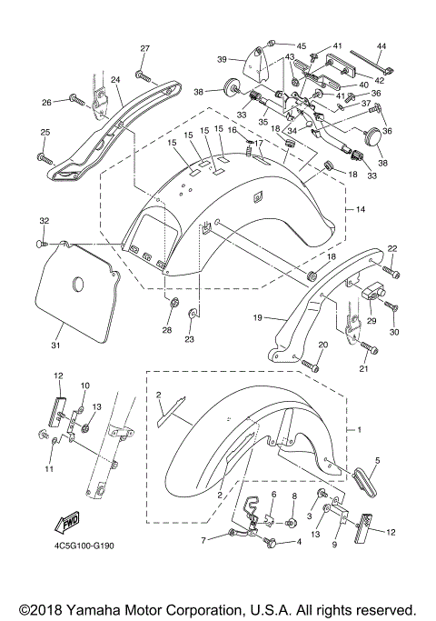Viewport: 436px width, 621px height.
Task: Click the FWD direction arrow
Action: coord(66,523)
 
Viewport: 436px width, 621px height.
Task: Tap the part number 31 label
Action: coord(55,345)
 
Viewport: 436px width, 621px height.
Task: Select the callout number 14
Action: coord(361,209)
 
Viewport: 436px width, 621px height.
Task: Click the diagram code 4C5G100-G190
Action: coord(84,546)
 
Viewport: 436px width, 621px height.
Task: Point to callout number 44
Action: coord(381,46)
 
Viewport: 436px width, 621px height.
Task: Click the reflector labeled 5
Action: coord(364,482)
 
